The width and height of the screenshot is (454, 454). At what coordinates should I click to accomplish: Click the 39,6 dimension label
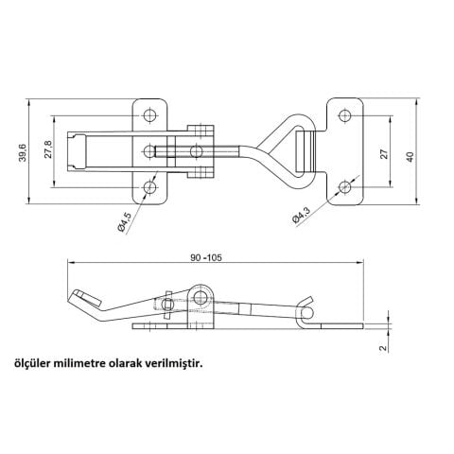(x=23, y=152)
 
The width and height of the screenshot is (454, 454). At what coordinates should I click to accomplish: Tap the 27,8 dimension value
(x=48, y=149)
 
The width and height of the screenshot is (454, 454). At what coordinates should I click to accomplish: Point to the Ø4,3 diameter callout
(x=301, y=215)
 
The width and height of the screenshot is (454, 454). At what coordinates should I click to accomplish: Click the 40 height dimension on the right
(x=410, y=157)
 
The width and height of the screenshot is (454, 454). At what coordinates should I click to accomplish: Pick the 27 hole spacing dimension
(x=384, y=154)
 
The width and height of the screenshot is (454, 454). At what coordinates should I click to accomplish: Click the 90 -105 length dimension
(x=206, y=257)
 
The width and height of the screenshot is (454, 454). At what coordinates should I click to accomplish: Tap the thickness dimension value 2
(x=383, y=348)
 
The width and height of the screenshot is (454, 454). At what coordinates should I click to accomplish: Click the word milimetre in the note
(x=80, y=363)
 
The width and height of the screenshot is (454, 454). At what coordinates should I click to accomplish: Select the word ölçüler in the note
(x=32, y=364)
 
